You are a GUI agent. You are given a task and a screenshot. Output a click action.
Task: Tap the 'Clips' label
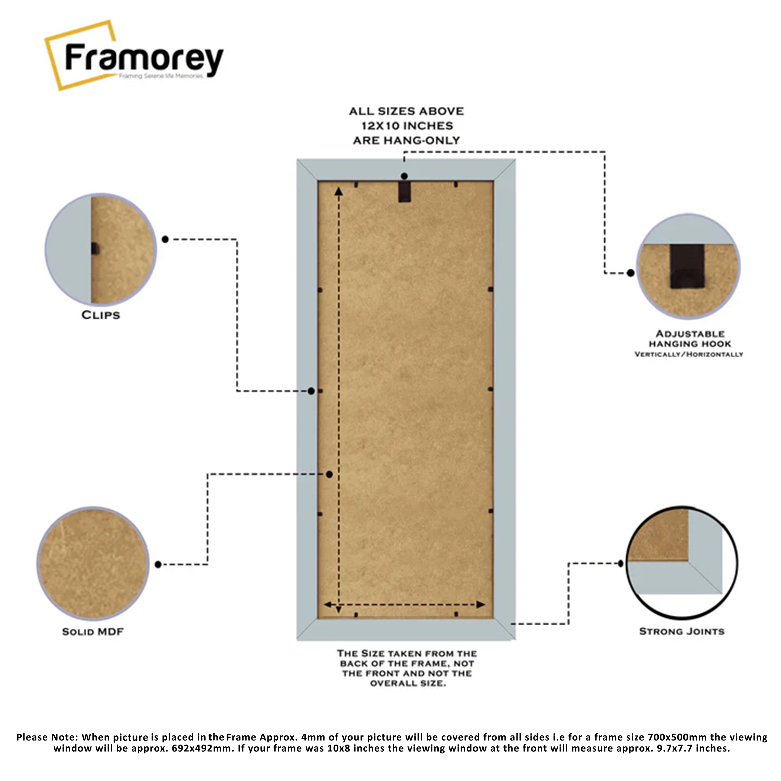click(x=101, y=315)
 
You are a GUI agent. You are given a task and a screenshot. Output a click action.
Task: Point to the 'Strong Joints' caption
click(x=682, y=631)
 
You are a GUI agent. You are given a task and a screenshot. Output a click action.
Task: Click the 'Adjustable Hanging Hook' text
click(x=690, y=339)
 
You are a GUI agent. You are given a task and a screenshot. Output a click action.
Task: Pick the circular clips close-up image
click(x=101, y=249)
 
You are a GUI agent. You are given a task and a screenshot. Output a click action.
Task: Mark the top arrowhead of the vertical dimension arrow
click(x=339, y=191)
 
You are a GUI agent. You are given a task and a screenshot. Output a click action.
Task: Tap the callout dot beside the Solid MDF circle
click(x=158, y=564)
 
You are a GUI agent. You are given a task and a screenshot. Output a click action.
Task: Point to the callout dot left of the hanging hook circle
click(x=630, y=273)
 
